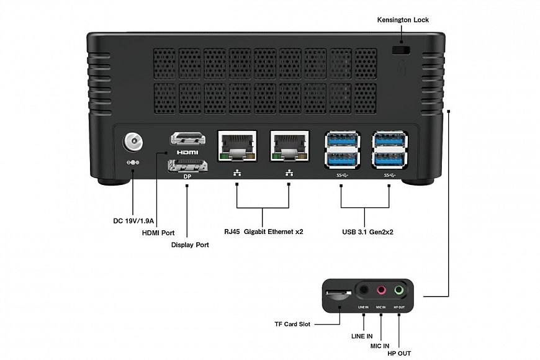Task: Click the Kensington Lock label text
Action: [403, 20]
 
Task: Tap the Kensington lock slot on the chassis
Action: [403, 48]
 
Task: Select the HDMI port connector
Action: [187, 138]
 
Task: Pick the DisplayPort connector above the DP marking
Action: [187, 166]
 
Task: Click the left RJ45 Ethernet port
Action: [237, 146]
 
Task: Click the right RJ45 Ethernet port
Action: [289, 146]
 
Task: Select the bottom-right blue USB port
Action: [389, 159]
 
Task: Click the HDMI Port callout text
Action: [159, 233]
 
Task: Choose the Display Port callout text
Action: [190, 245]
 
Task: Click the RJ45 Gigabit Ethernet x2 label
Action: [264, 232]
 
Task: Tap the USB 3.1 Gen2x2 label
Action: [367, 232]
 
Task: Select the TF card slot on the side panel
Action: [337, 292]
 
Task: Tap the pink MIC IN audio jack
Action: [381, 289]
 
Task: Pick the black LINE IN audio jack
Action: [364, 289]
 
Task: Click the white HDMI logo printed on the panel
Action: [187, 152]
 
